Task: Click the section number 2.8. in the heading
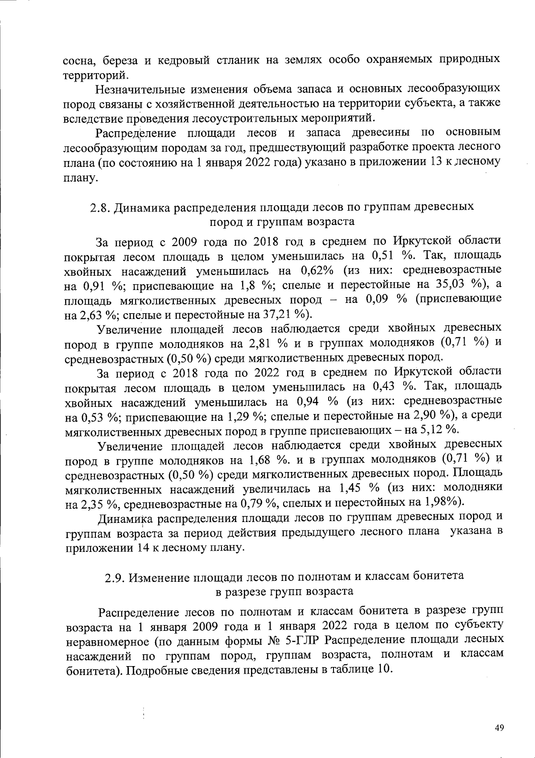(101, 207)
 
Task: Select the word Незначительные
(140, 88)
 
